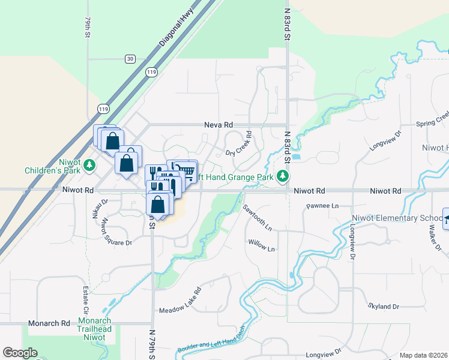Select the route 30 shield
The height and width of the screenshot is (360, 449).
130,58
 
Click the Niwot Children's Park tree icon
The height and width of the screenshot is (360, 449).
89,164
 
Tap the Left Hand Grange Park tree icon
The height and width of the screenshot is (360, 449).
282,176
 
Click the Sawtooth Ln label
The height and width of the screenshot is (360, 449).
258,217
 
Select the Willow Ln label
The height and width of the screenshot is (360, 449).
261,248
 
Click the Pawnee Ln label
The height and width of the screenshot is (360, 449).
323,206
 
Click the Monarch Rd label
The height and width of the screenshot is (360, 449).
49,323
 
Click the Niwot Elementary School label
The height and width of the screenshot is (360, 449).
406,218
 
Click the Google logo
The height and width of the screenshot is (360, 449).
20,353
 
